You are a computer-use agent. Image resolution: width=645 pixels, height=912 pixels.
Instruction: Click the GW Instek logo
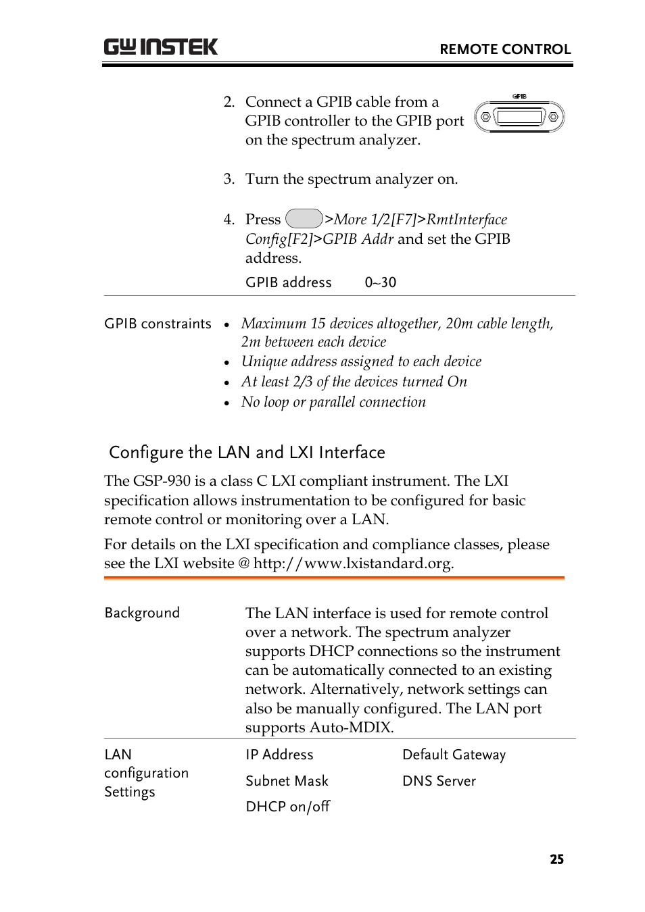161,47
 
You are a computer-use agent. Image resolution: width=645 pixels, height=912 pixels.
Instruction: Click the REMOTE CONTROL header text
505,49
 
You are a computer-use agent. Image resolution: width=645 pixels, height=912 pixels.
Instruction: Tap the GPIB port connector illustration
519,116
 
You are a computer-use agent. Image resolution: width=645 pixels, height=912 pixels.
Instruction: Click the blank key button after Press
304,219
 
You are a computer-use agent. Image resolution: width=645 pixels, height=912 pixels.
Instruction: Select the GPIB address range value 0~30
380,282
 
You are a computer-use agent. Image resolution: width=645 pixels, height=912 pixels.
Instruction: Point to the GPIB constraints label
158,324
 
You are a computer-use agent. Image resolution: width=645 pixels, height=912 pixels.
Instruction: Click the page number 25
556,859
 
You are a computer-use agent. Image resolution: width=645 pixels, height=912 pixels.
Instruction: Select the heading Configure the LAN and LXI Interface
247,452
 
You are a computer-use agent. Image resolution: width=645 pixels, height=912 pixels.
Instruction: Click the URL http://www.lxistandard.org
352,563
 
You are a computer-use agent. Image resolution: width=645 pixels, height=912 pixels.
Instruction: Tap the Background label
142,613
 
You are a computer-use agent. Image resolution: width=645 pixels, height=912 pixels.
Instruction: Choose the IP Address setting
279,755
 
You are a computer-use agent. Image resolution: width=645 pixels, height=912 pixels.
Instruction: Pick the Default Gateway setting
454,755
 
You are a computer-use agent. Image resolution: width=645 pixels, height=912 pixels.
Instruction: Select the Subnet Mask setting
287,781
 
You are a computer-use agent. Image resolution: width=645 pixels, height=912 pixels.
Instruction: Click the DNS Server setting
439,781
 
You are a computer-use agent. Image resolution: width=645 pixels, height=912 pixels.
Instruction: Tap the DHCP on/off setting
287,807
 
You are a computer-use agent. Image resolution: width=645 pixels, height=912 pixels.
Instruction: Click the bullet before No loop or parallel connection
227,403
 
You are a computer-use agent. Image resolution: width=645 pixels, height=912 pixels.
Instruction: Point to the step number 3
229,179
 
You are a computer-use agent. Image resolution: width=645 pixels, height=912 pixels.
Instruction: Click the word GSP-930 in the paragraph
162,481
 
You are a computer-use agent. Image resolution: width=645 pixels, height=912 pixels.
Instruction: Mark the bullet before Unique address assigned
227,363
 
